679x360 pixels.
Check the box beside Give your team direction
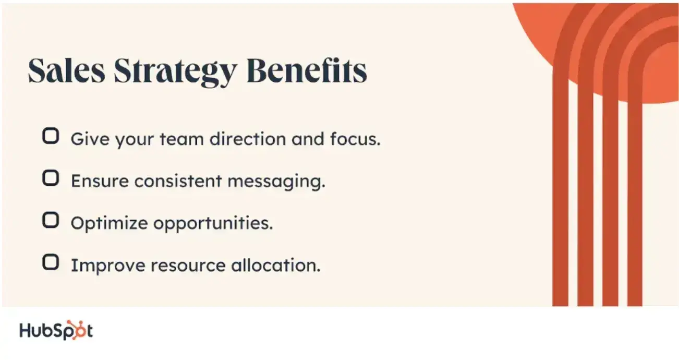(x=50, y=137)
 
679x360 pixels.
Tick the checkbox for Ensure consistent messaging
(x=50, y=179)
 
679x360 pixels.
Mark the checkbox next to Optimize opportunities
(x=50, y=221)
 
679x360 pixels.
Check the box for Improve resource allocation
(x=50, y=262)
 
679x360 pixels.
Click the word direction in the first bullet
(x=241, y=139)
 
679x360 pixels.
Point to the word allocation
(x=275, y=265)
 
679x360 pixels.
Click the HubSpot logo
(x=56, y=331)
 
